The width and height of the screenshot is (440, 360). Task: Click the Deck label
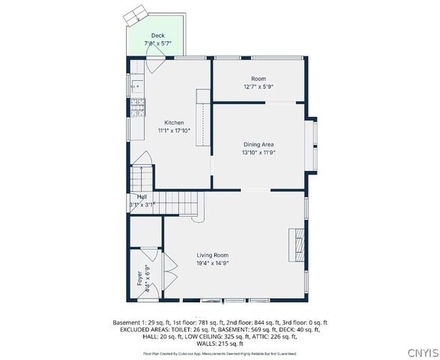click(x=157, y=35)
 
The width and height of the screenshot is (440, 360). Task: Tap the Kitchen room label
click(x=174, y=122)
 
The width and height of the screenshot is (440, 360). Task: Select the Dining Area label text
click(x=259, y=144)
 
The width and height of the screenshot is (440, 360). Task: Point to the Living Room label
click(x=212, y=255)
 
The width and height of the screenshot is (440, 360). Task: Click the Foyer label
click(x=139, y=278)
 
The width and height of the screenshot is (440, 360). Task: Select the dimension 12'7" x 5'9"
click(x=259, y=87)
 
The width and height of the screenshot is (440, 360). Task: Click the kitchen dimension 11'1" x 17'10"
click(x=174, y=130)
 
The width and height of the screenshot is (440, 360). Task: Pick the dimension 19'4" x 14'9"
click(x=212, y=263)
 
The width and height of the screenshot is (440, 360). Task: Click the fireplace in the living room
click(x=298, y=243)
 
